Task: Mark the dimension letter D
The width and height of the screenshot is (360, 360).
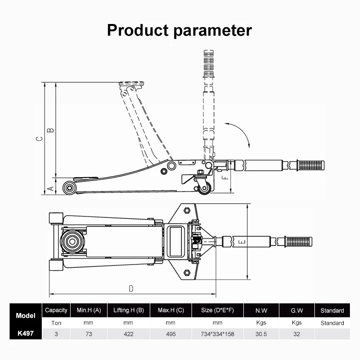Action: (131, 288)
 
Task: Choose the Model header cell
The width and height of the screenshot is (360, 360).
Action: (25, 316)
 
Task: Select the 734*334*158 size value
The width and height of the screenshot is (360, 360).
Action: (217, 334)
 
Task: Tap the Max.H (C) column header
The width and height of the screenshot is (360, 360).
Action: (171, 311)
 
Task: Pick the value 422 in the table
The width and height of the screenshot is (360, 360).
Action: (128, 334)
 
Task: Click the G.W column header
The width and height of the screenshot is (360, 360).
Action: (297, 311)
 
